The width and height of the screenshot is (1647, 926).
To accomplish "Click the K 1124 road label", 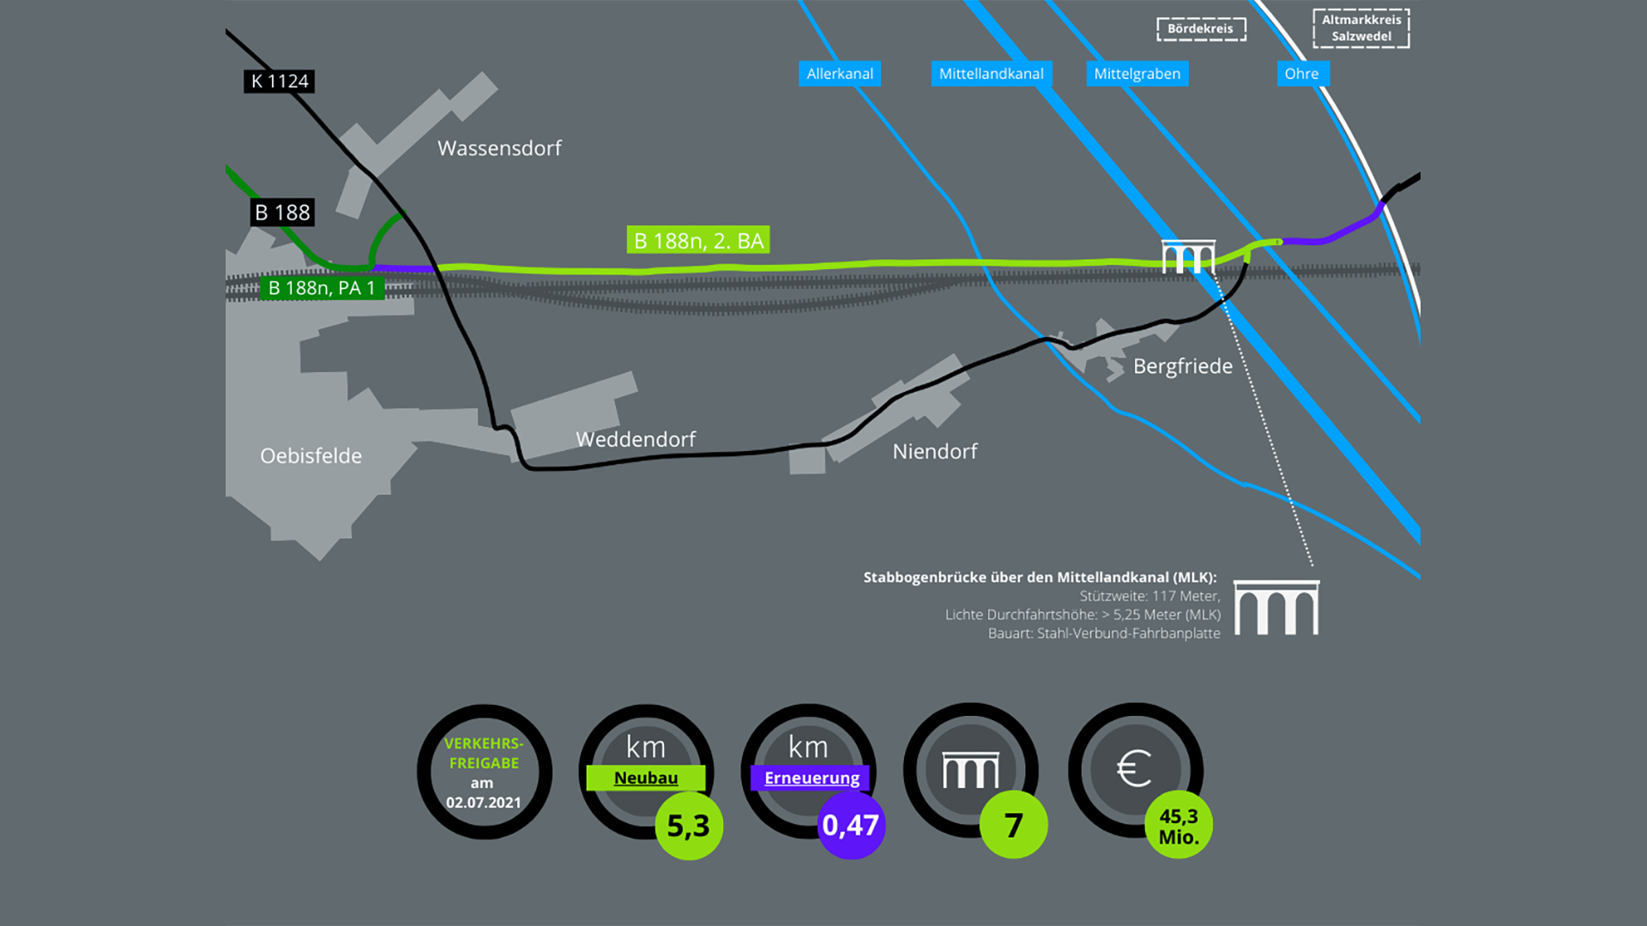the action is coord(279,81).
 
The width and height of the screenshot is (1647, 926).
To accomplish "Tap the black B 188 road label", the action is coord(282,213).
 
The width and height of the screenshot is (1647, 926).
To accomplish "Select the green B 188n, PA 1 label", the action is coord(322,288).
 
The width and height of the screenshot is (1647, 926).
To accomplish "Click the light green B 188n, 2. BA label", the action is coord(698,241).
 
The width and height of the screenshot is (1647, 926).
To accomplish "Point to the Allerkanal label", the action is coord(840,74).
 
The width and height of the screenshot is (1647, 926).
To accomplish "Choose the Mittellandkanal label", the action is coord(991,74).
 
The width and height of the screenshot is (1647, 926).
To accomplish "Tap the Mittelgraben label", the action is coord(1137,74).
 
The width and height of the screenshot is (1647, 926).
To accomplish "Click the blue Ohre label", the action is coord(1301,74).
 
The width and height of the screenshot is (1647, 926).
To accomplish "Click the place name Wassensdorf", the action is coord(499,148).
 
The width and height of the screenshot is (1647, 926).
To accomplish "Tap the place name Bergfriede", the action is coord(1183,366).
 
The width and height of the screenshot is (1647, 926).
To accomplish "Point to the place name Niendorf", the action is coord(935,451).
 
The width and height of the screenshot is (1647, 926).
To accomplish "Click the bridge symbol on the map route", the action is coord(1188,256).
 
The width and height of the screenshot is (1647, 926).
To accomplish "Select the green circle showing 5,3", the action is coord(689,826).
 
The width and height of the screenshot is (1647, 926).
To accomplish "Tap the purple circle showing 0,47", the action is coord(851,825).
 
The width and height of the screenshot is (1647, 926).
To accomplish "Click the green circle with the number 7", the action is coord(1014,825).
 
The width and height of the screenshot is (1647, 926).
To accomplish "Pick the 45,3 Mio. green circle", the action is coord(1179,825).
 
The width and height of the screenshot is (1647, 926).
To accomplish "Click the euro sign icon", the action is coord(1134,768).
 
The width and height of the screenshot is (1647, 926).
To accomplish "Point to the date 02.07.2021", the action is coord(484,803).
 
